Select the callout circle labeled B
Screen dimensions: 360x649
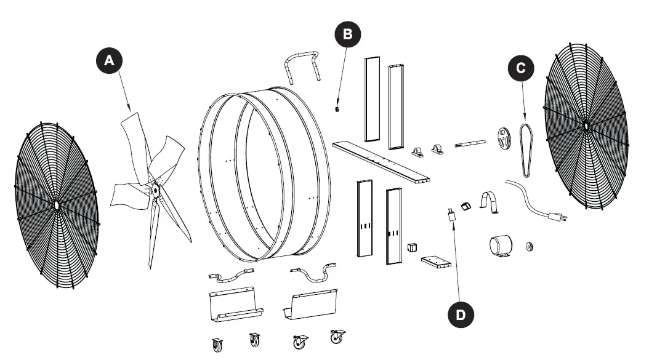(348, 34)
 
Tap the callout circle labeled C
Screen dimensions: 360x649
(520, 68)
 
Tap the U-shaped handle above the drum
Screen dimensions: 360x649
(303, 64)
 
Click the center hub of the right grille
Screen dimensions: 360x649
(586, 126)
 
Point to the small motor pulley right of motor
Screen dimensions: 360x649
(528, 247)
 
